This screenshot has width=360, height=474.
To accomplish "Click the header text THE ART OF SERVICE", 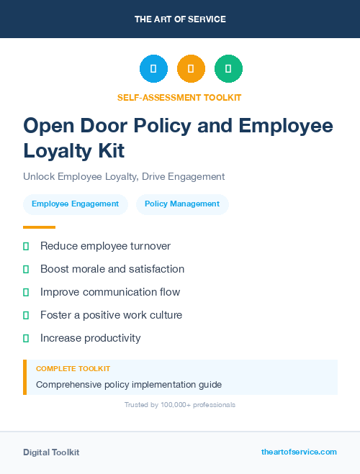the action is pyautogui.click(x=180, y=19).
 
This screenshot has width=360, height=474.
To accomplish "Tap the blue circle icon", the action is pyautogui.click(x=153, y=69).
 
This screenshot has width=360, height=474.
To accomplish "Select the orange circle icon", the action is pyautogui.click(x=191, y=69).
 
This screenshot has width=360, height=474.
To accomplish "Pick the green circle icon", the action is pyautogui.click(x=228, y=69).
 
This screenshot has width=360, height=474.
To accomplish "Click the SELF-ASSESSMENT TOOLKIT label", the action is pyautogui.click(x=179, y=97).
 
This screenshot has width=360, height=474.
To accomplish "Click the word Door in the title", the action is pyautogui.click(x=121, y=126).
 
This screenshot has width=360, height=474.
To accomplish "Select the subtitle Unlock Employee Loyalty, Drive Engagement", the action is pyautogui.click(x=124, y=176).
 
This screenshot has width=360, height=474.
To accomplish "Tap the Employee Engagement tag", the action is pyautogui.click(x=75, y=204).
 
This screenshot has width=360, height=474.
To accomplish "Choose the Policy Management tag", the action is pyautogui.click(x=182, y=204).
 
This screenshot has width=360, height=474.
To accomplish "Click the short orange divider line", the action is pyautogui.click(x=39, y=227).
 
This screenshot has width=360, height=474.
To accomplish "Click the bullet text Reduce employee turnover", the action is pyautogui.click(x=105, y=246).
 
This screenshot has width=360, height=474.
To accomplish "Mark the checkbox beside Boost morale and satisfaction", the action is pyautogui.click(x=26, y=269).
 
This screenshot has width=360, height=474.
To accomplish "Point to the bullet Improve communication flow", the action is pyautogui.click(x=110, y=292).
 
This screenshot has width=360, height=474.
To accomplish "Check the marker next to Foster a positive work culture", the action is pyautogui.click(x=26, y=315).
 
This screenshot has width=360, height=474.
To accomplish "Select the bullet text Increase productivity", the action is pyautogui.click(x=91, y=338).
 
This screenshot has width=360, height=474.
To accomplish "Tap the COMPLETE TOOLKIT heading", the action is pyautogui.click(x=73, y=369).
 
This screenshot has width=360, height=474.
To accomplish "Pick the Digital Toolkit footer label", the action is pyautogui.click(x=51, y=452).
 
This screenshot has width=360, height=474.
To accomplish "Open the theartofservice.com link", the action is pyautogui.click(x=299, y=452).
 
